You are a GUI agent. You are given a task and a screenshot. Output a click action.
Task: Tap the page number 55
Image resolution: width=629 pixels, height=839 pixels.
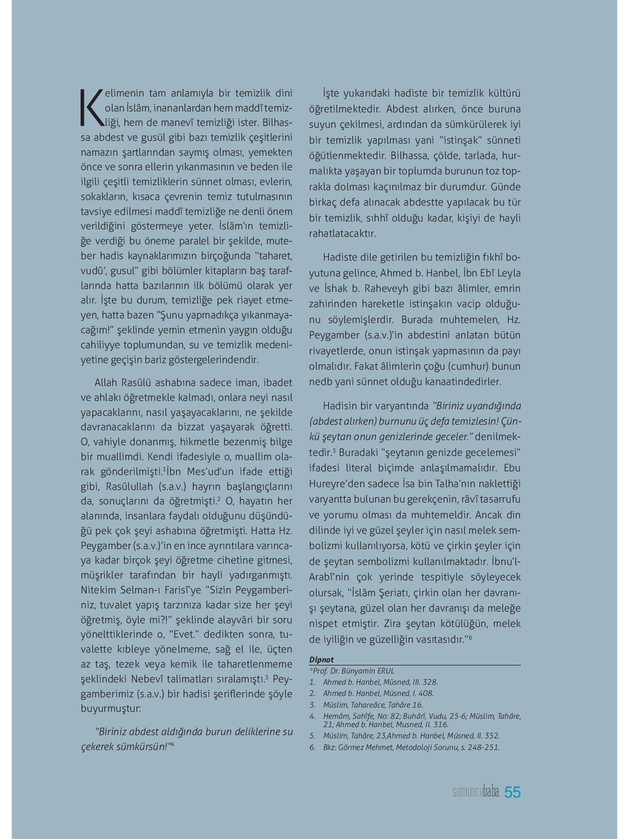(513, 792)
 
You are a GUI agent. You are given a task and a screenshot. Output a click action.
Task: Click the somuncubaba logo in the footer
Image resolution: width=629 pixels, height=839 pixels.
(476, 792)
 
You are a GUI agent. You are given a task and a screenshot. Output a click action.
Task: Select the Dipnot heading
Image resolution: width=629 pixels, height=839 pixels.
(321, 660)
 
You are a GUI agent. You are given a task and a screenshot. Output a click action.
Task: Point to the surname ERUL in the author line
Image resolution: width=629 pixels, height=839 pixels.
(384, 671)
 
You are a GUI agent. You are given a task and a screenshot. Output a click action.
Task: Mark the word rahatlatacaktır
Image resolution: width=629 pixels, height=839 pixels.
(342, 234)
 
